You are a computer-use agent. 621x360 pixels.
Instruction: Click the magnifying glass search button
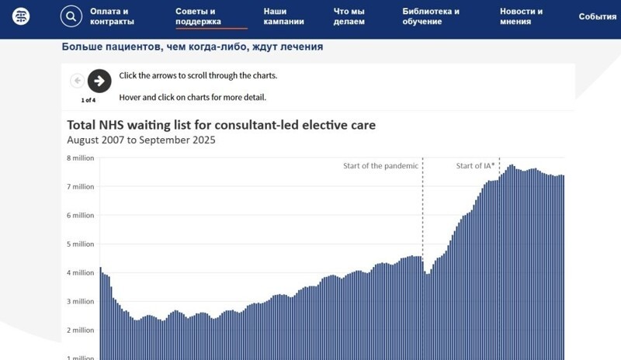pos(71,16)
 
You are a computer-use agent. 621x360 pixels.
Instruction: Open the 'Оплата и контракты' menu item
pos(110,16)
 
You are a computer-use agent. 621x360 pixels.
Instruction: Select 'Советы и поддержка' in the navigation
pos(198,16)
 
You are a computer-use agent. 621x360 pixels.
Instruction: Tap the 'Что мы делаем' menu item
pos(349,16)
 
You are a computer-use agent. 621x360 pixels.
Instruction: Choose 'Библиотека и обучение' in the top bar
pos(431,16)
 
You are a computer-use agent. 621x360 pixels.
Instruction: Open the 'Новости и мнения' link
pos(521,16)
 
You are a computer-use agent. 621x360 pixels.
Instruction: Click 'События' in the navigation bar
pos(597,16)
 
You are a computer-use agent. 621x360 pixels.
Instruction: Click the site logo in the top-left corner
pos(22,16)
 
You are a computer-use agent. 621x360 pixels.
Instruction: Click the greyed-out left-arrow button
pos(78,81)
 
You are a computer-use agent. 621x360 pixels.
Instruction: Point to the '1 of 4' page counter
pos(88,100)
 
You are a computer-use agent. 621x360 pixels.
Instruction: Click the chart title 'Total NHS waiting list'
pos(221,125)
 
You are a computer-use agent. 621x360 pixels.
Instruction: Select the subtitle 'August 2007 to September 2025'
pos(141,140)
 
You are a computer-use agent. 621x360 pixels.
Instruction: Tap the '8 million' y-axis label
pos(80,158)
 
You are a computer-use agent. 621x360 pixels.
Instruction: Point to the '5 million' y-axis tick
pos(80,244)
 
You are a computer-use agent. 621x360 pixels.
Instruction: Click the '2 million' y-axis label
pos(80,331)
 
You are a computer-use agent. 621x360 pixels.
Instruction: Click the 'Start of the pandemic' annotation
pos(381,166)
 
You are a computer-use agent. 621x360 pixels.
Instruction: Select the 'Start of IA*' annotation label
pos(475,166)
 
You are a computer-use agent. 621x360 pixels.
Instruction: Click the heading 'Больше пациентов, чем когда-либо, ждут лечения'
pos(192,47)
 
